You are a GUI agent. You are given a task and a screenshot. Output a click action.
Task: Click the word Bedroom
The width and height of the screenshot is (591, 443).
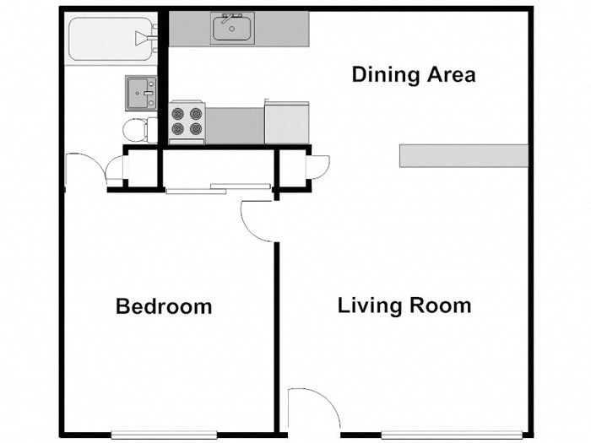tap(164, 305)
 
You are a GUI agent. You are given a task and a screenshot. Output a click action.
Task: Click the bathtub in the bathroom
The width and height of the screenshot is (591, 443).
tap(106, 40)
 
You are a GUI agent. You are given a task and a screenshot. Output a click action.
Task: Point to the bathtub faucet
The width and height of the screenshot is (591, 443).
tap(150, 36)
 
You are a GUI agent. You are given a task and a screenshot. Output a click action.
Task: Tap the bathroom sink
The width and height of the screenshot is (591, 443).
tap(140, 92)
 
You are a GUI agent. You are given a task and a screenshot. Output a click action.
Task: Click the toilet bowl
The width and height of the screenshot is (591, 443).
tap(134, 129)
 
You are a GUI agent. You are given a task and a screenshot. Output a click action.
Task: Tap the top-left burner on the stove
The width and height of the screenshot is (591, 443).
tap(178, 113)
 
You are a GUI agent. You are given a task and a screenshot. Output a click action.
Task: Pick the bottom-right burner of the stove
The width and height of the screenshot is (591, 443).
tap(196, 129)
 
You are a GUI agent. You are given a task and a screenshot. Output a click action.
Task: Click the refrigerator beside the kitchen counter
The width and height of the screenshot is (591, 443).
tap(287, 123)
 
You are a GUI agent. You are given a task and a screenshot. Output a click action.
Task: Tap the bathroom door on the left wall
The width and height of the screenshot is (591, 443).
tap(84, 166)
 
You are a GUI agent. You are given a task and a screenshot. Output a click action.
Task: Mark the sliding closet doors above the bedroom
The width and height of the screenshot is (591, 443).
tap(218, 187)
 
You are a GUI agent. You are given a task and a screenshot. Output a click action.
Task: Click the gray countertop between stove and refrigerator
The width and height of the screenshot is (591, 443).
tap(236, 125)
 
